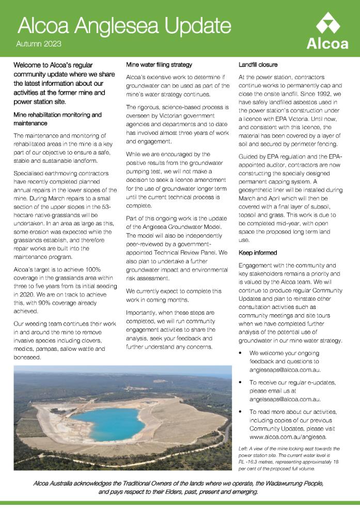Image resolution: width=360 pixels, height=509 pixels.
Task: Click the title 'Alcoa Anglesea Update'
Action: pos(124,25)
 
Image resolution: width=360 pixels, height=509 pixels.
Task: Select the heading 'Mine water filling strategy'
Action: pos(159,65)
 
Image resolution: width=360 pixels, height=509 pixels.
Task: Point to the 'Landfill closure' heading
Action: pos(258,65)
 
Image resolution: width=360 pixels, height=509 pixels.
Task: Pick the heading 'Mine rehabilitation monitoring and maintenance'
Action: pos(57,119)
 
